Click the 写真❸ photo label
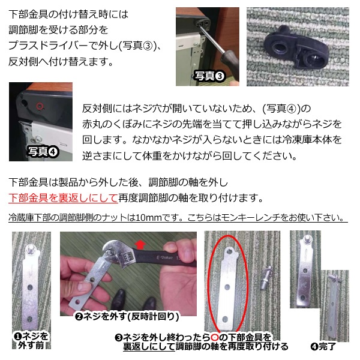click(x=209, y=76)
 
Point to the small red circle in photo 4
click(x=40, y=106)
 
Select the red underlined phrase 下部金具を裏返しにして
click(x=57, y=197)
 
